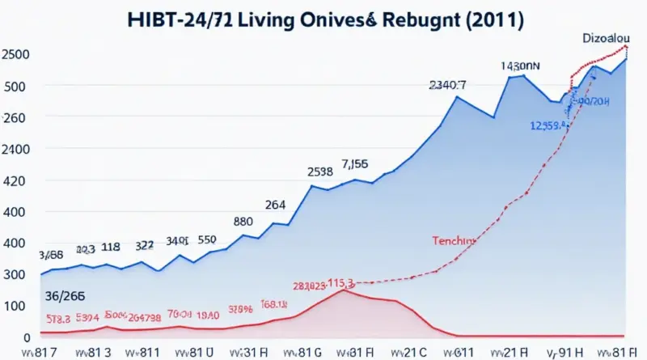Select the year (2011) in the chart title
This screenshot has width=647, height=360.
pos(490,21)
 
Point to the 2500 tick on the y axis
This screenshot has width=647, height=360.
pos(17,54)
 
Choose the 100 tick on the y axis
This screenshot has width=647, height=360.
pos(15,306)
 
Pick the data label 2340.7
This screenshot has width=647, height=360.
pos(447,83)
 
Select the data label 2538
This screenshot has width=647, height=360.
pos(320,172)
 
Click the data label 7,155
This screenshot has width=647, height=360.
pos(356,163)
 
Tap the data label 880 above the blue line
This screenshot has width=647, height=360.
pos(243,221)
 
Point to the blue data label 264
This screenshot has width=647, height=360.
pos(275,205)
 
